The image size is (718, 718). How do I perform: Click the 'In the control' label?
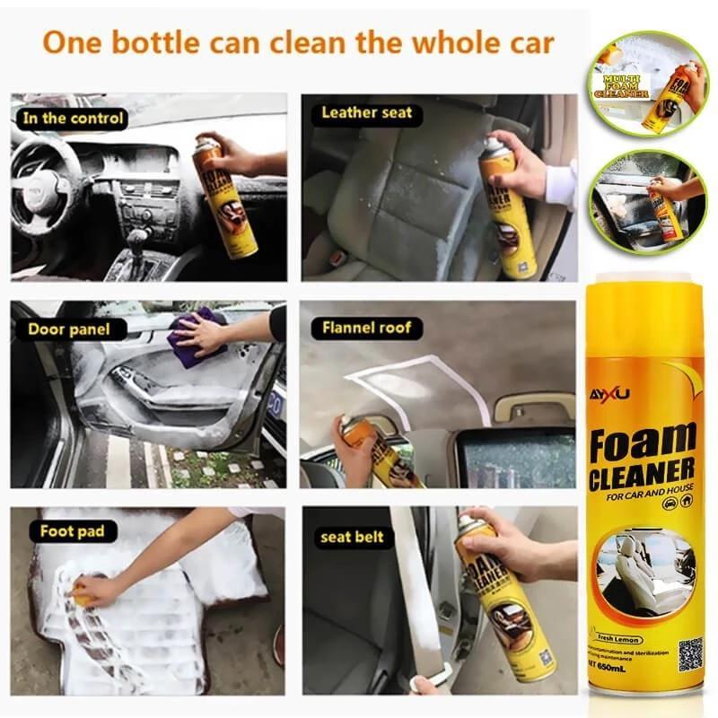pos(73,118)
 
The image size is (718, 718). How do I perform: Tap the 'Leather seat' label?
pos(366,113)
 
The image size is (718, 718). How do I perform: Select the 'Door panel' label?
pos(69,328)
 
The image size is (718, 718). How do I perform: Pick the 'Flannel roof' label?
pos(366,328)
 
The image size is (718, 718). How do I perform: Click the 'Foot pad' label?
pos(72,531)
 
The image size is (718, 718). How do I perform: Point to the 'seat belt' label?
pos(352,537)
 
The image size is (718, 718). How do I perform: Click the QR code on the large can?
pos(689,652)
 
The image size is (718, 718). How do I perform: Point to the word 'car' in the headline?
pos(523,41)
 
